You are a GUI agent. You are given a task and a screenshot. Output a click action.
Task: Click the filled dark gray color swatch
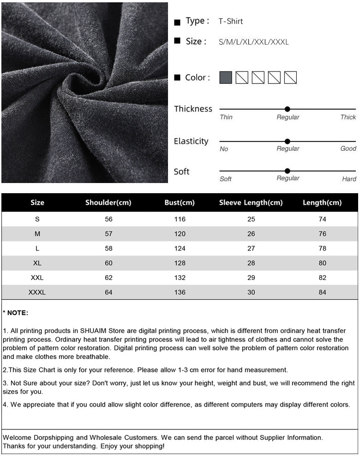point(226,77)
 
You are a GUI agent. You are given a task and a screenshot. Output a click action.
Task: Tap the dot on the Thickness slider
point(288,109)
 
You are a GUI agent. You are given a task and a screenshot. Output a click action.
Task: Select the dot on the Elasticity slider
point(288,142)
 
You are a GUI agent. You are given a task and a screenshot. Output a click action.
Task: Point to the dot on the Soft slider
point(288,171)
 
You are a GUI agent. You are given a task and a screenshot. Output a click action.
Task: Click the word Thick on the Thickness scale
point(348,117)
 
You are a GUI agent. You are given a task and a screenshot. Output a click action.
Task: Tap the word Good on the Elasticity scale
point(348,148)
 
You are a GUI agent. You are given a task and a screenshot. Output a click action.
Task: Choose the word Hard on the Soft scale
point(349,179)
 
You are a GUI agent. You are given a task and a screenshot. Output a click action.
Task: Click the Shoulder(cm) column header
point(108,203)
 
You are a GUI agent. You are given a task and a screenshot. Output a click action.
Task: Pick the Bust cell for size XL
point(180,263)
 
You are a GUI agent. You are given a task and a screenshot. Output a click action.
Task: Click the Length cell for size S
point(322,219)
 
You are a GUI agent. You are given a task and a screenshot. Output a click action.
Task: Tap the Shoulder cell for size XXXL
point(108,292)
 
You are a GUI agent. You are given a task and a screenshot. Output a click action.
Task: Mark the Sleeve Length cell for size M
point(251,234)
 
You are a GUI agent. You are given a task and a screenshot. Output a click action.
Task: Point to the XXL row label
point(37,278)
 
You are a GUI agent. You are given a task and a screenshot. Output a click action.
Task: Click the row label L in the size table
point(37,249)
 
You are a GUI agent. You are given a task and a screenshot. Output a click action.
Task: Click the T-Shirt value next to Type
point(230,21)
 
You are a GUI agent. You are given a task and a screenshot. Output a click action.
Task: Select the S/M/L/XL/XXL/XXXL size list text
point(253,42)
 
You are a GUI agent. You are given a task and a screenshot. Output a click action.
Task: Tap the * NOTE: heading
point(16,313)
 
